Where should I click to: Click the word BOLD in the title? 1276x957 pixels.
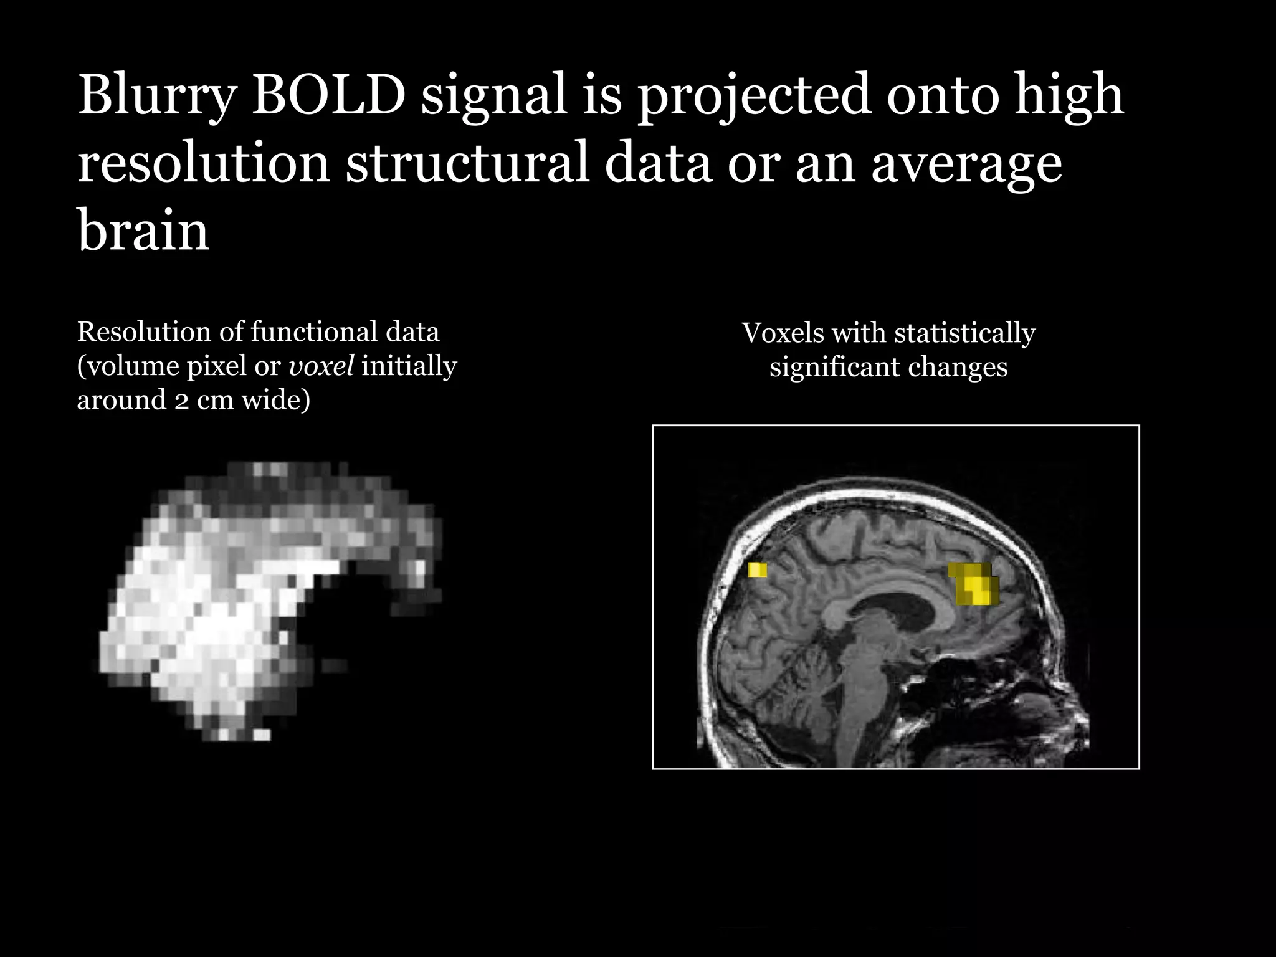point(328,96)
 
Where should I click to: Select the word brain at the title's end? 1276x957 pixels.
point(143,231)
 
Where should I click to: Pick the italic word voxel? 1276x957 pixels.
point(321,366)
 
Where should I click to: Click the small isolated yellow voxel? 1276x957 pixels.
point(758,569)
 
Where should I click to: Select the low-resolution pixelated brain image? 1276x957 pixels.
point(268,598)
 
